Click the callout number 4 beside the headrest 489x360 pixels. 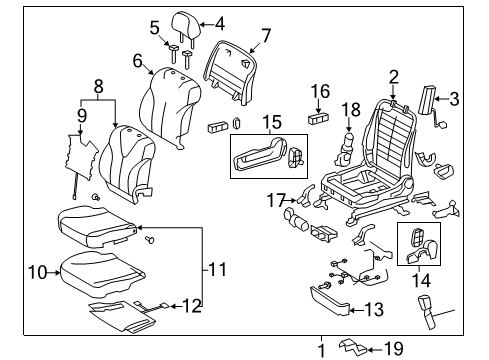coord(220,24)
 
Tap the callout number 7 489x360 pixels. coord(266,35)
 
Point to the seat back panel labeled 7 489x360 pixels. coord(230,72)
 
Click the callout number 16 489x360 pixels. coord(320,91)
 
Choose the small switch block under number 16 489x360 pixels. coord(318,119)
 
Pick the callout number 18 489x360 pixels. coord(351,110)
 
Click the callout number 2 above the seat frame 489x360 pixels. coord(394,77)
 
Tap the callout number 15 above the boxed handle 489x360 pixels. coord(272,122)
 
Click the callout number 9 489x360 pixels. coord(82,116)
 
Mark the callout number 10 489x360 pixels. coord(38,272)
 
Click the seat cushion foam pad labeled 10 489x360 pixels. coord(102,273)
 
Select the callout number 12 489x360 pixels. coord(192,306)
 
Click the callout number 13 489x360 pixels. coord(374,310)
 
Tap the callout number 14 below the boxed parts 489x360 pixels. coord(421,280)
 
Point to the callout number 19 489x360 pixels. coord(393,349)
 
